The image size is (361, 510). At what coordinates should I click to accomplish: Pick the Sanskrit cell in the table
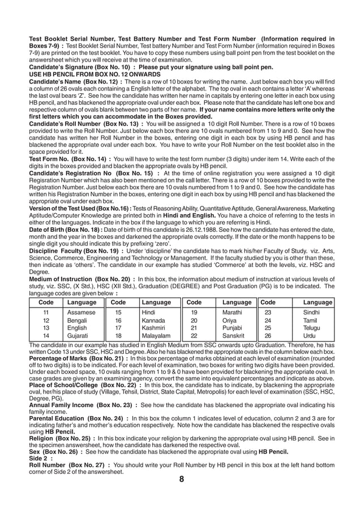(233, 336)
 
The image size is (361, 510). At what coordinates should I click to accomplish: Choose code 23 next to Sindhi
(268, 312)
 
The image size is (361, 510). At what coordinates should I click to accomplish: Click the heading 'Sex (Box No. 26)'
(55, 452)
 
